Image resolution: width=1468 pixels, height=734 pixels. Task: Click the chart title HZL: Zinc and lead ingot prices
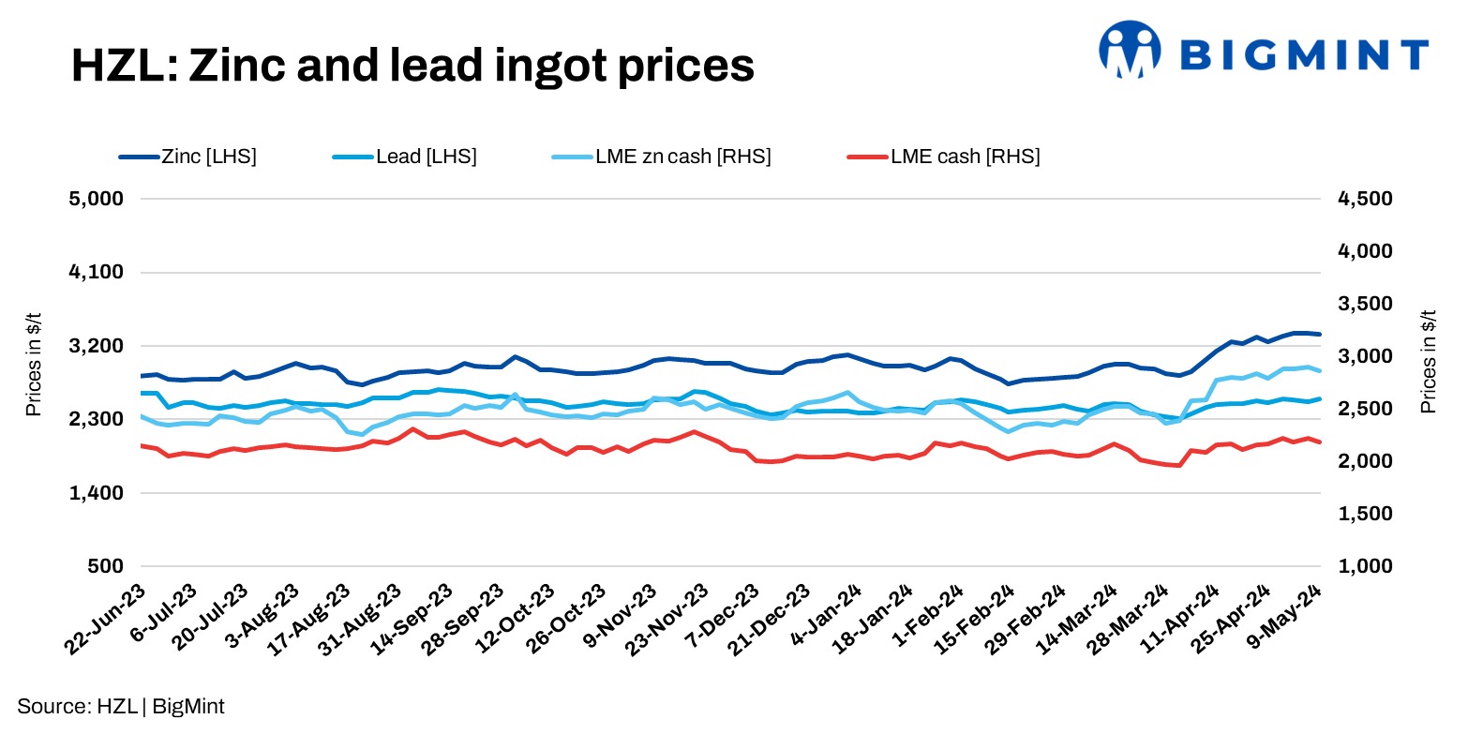pyautogui.click(x=412, y=67)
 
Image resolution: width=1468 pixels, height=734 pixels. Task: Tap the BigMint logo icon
pyautogui.click(x=1130, y=49)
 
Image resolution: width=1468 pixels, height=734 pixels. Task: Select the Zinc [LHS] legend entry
pyautogui.click(x=187, y=157)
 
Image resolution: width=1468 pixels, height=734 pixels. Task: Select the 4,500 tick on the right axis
pyautogui.click(x=1359, y=199)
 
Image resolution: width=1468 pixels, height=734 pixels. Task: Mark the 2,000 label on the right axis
pyautogui.click(x=1359, y=461)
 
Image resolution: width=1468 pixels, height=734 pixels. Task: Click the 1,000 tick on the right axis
pyautogui.click(x=1359, y=566)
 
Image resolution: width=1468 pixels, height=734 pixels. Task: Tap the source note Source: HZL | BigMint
pyautogui.click(x=121, y=707)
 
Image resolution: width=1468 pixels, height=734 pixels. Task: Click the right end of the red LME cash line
pyautogui.click(x=1320, y=442)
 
